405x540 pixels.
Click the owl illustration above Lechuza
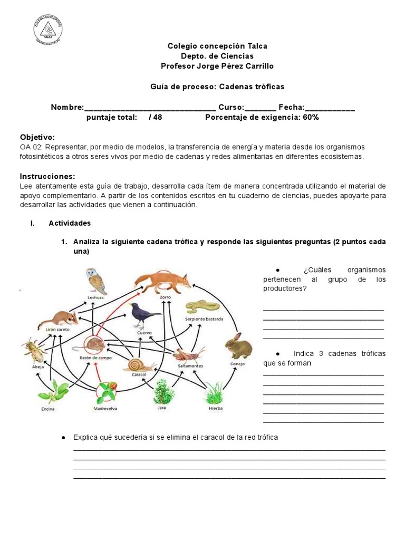coord(97,281)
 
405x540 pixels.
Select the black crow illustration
coord(144,315)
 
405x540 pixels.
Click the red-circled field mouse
coord(94,345)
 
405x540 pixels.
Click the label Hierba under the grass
coord(215,409)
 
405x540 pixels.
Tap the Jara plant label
coord(162,408)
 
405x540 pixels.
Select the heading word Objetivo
coord(37,137)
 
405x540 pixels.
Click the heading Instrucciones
coord(47,176)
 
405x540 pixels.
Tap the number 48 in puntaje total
coord(157,117)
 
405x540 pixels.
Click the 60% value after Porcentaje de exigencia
coord(311,117)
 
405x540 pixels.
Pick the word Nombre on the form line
coord(66,107)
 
